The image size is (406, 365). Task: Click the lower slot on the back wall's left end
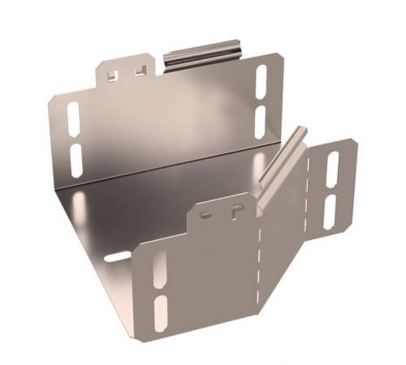coord(75,161)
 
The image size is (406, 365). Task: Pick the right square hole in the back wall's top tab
coord(140,70)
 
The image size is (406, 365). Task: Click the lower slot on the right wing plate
coord(330,212)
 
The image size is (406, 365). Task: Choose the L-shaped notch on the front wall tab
coord(234,213)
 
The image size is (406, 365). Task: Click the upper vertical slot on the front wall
coord(159,268)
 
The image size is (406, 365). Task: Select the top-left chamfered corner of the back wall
coord(51,101)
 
